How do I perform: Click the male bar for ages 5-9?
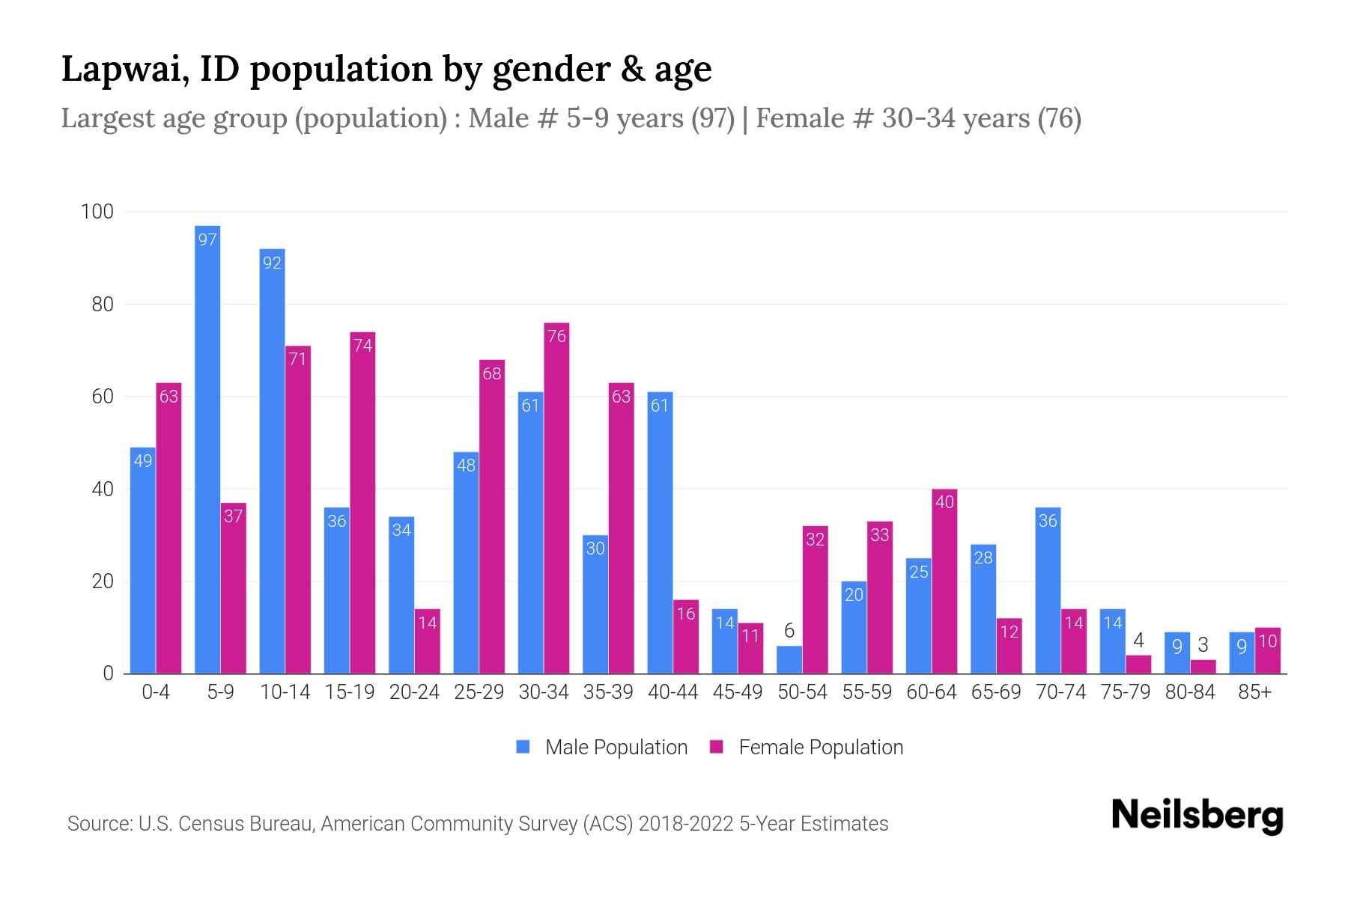[207, 449]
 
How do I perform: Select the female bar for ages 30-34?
[556, 498]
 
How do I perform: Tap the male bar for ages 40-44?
[660, 532]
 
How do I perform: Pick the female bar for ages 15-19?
[362, 502]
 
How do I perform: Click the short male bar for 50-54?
[789, 660]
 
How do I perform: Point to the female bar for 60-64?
[944, 581]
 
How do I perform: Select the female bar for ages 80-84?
[1203, 667]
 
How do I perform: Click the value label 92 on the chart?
[272, 263]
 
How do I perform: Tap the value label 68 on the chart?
[492, 373]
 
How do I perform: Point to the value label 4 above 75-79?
[1138, 641]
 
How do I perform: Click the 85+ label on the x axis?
[1254, 692]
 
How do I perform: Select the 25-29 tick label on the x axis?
[479, 692]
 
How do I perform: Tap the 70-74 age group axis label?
[1060, 692]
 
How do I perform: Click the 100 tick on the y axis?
[97, 212]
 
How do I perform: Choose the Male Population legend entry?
[602, 747]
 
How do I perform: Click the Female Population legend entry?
[807, 747]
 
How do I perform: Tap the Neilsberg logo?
[1197, 816]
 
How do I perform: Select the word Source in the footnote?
[97, 824]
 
